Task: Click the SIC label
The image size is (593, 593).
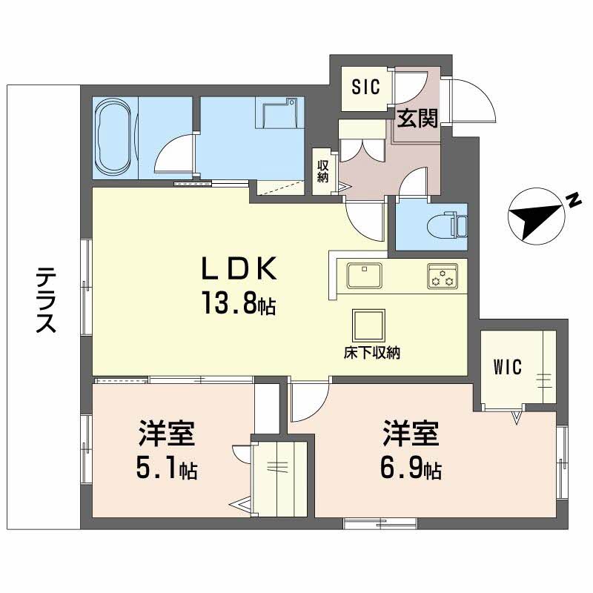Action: pos(365,87)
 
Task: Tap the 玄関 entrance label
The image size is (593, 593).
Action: pos(416,117)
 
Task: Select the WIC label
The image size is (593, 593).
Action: pos(508,366)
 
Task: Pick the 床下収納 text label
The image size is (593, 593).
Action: pos(372,354)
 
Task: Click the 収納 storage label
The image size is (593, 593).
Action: pos(323,171)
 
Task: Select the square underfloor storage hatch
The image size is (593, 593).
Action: pos(368,325)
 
